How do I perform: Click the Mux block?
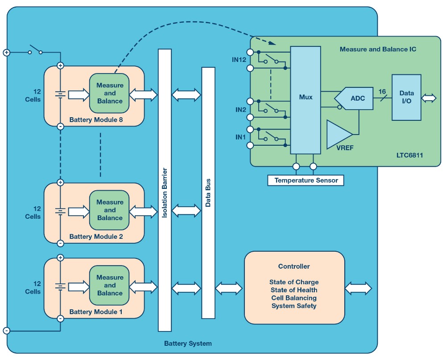point(306,97)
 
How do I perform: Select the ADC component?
point(357,98)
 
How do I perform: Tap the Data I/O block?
point(406,97)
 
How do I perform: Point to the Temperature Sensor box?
point(306,180)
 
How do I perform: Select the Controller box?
point(294,287)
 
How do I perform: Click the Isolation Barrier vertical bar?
point(165,190)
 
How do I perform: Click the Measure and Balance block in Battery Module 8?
point(110,93)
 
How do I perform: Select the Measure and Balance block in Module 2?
point(110,210)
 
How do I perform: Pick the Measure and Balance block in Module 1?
point(110,285)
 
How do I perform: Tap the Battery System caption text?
point(188,344)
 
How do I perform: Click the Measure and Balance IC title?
point(378,49)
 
